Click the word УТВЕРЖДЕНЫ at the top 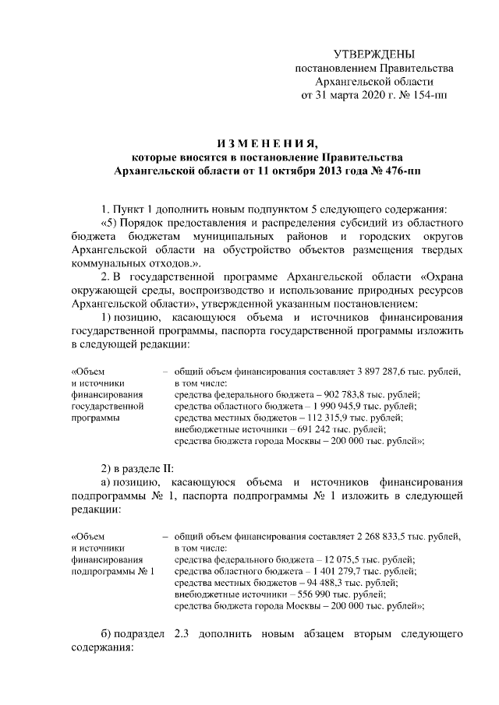(x=373, y=54)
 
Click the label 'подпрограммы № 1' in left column (x=112, y=571)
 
